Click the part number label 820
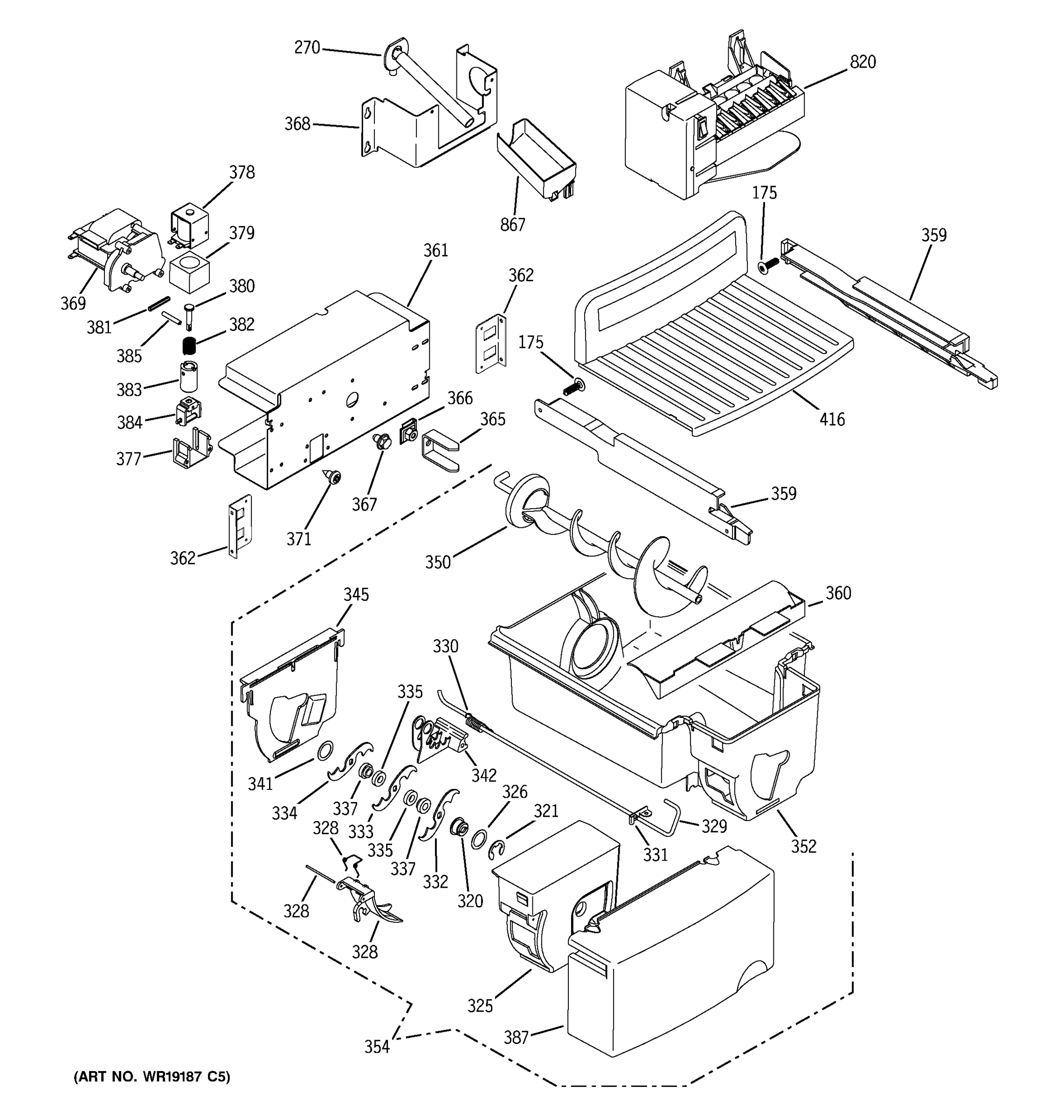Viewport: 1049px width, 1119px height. tap(862, 62)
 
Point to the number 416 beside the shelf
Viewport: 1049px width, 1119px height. tap(832, 419)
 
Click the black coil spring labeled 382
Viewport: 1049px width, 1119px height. tap(190, 343)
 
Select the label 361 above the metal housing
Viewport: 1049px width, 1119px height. tap(435, 250)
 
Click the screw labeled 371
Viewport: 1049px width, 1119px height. tap(334, 478)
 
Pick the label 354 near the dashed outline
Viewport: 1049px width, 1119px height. tap(377, 1046)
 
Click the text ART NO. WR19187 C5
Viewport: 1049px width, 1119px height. tap(152, 1077)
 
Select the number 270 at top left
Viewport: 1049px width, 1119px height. tap(307, 48)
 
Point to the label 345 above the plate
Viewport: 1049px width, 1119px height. tap(356, 594)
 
